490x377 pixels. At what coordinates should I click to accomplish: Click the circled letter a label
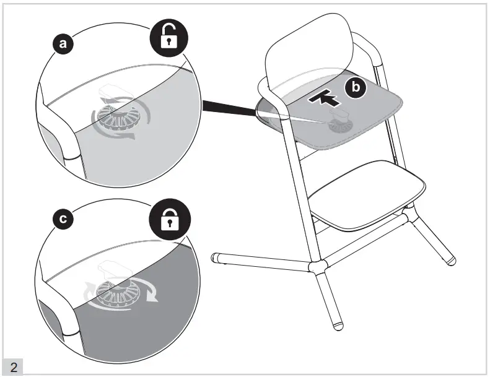pos(61,43)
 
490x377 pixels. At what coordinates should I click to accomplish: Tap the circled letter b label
pos(356,88)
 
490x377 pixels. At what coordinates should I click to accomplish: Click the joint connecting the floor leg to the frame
pos(317,267)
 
